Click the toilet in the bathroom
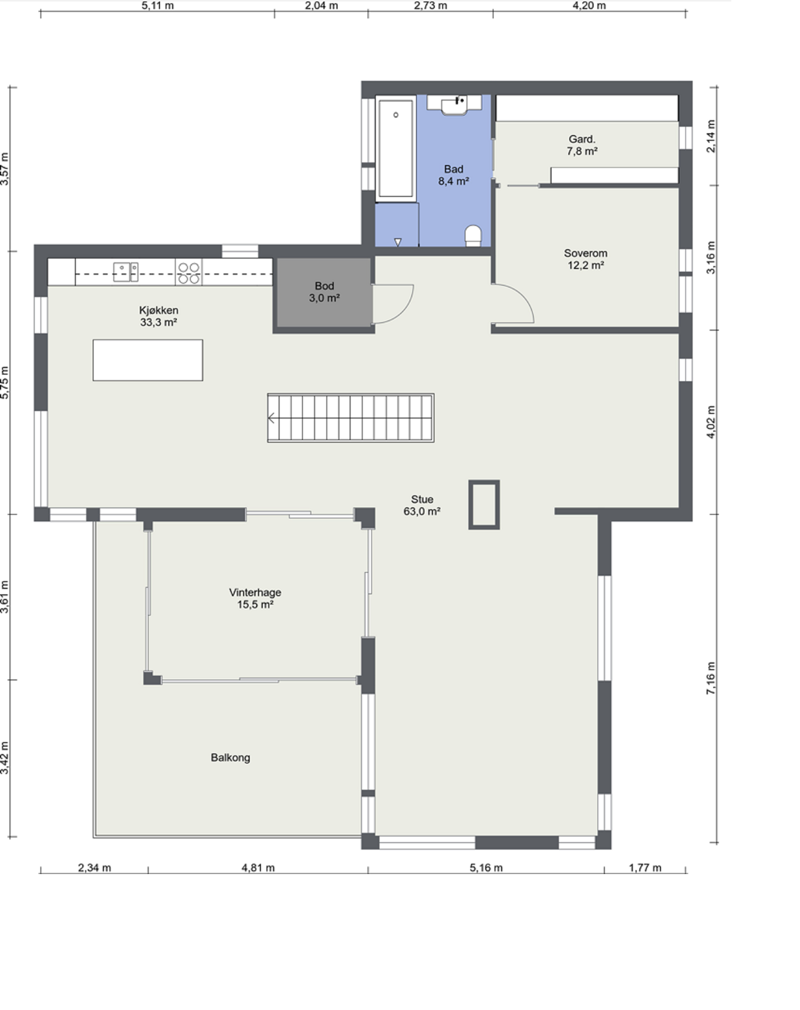473,236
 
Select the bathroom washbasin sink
454,105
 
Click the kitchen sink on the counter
126,272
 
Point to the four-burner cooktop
189,273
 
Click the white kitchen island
148,360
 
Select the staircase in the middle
351,418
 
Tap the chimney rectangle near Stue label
484,504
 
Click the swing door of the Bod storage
393,304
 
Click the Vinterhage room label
255,598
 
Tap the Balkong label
230,757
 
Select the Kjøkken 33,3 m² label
158,316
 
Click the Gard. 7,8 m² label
582,145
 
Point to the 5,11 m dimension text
157,6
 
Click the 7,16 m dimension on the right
711,678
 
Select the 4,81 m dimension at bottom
258,868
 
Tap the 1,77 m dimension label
645,868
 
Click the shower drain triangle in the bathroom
398,242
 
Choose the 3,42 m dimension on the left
5,758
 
